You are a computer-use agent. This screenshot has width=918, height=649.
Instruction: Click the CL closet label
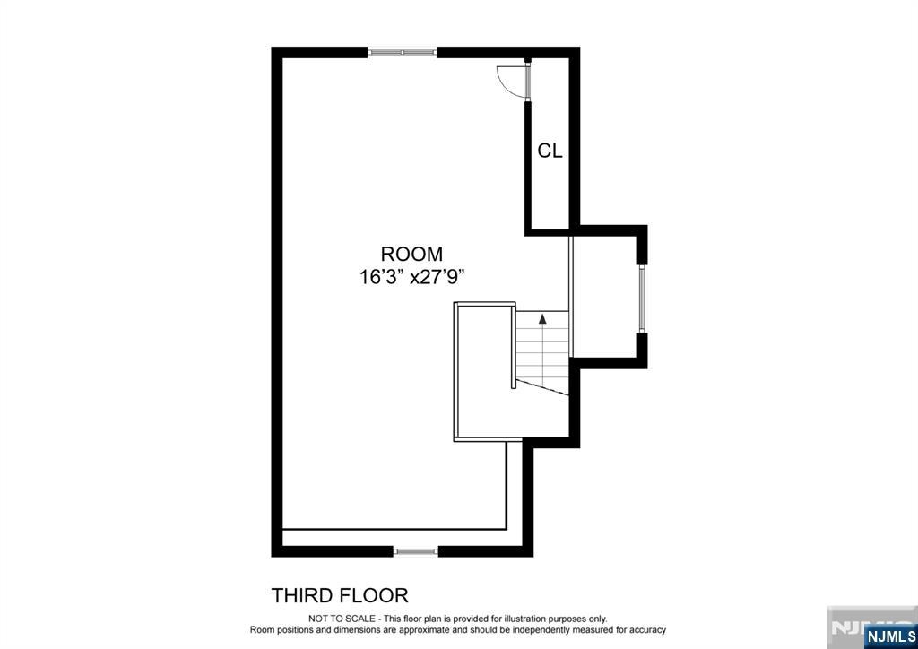[550, 151]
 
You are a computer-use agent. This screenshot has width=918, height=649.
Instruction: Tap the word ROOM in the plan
[411, 255]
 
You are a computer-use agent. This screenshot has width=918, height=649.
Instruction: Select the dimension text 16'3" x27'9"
[412, 277]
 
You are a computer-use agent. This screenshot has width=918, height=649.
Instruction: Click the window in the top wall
[403, 52]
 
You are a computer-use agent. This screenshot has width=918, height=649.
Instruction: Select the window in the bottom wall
[415, 551]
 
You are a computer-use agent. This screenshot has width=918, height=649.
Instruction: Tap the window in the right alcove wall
[642, 299]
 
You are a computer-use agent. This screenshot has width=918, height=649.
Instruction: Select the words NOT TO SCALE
[342, 619]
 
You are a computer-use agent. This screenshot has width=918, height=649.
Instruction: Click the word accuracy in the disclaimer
[648, 630]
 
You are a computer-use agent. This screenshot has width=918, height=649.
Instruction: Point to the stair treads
[542, 348]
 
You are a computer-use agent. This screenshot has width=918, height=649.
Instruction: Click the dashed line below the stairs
[542, 387]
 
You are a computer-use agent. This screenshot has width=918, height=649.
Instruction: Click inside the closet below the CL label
[550, 193]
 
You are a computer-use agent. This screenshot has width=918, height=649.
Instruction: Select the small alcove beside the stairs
[604, 296]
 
